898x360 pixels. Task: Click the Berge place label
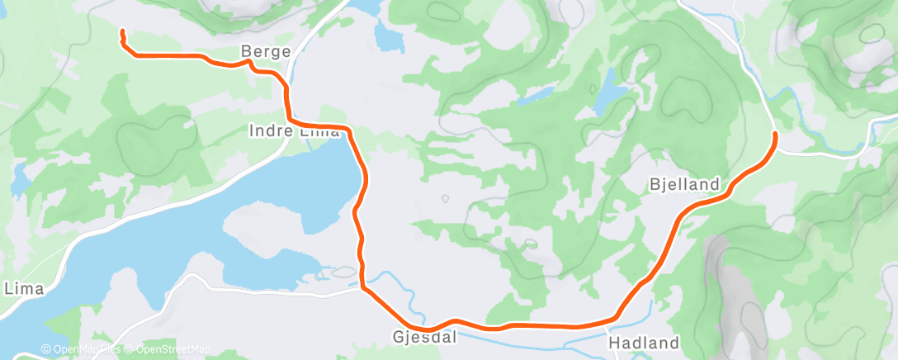[266, 52]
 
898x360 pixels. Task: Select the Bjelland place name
[684, 184]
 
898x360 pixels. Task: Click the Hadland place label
[643, 342]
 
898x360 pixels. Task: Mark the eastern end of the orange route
[774, 133]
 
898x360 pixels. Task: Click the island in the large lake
[264, 231]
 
